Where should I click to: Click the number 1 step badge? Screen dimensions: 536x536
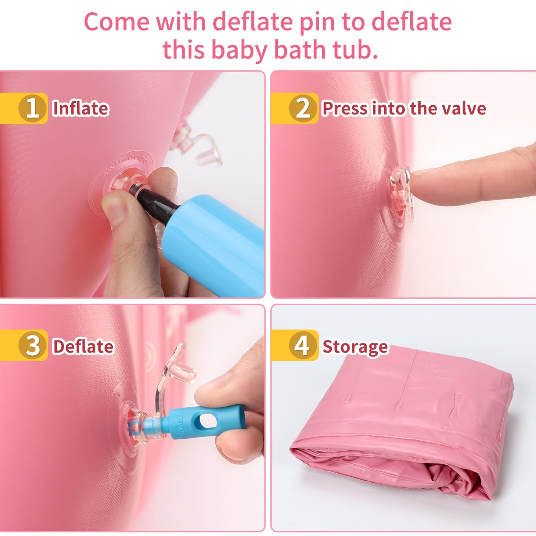33,108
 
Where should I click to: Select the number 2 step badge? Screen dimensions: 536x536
303,108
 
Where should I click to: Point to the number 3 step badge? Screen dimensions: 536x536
33,346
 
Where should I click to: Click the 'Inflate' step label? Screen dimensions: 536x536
80,108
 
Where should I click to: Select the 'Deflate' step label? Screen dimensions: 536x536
83,346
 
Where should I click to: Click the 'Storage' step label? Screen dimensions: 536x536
355,347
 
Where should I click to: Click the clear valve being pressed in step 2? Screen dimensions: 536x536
400,193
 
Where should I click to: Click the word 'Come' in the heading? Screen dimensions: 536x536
117,22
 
